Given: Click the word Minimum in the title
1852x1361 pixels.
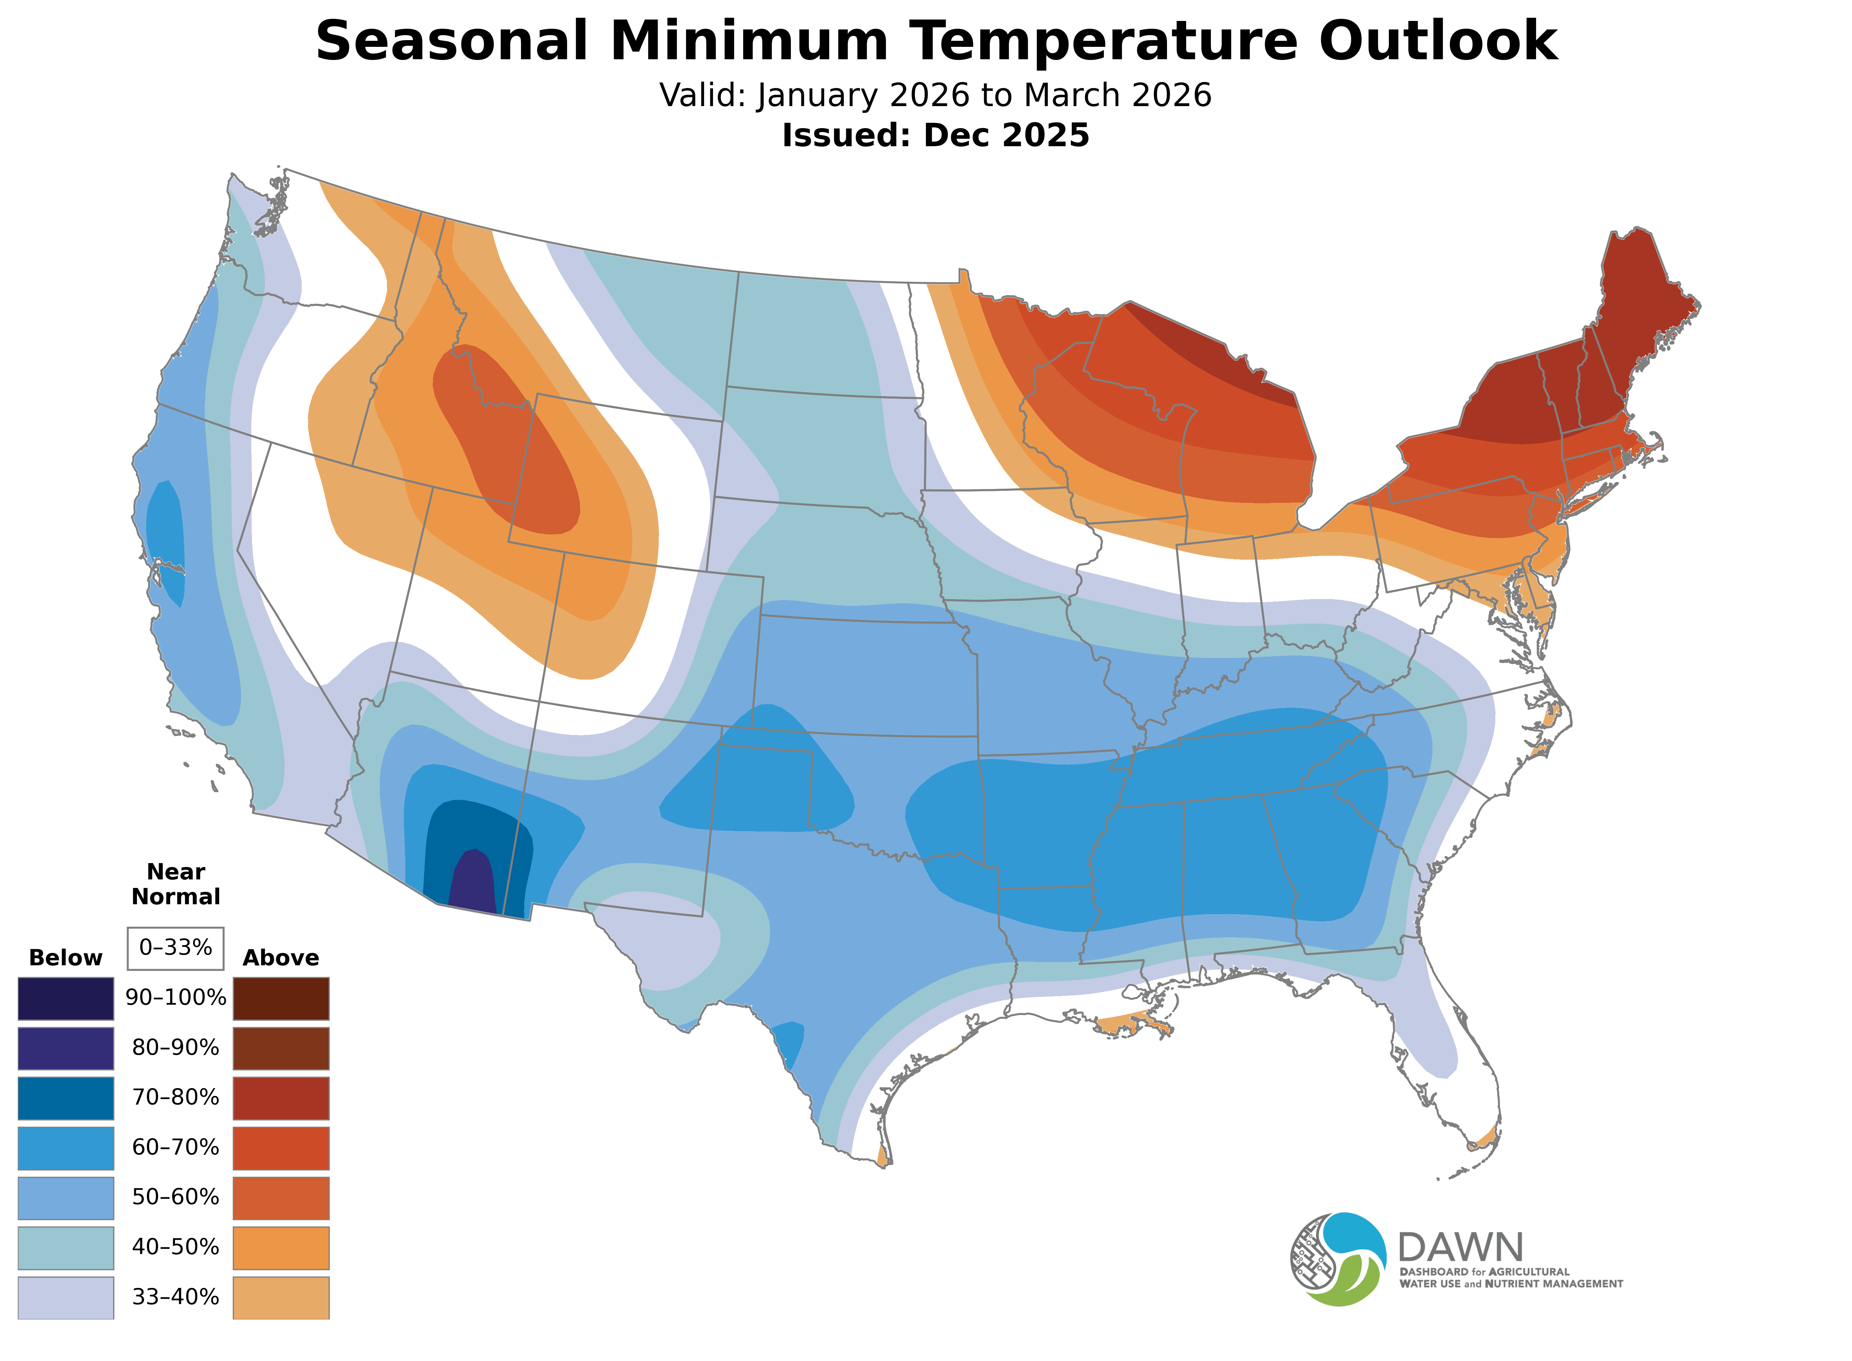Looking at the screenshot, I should click(x=750, y=41).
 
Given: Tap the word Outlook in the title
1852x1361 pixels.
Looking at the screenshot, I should click(x=1437, y=41).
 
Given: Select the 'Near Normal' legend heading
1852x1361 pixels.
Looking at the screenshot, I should click(x=175, y=884).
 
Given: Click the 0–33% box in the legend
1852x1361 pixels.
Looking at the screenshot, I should click(x=175, y=948).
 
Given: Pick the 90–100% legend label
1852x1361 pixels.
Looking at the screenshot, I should click(x=175, y=998).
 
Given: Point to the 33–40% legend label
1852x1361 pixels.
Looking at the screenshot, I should click(x=175, y=1297).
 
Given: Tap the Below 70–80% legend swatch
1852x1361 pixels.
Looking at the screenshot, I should click(x=66, y=1097).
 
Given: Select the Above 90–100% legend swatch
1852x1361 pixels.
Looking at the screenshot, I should click(x=281, y=998).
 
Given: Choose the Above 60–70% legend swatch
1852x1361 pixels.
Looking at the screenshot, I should click(x=281, y=1148).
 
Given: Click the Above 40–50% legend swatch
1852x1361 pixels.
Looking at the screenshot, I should click(x=281, y=1247).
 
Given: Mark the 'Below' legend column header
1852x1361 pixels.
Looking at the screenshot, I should click(x=66, y=957).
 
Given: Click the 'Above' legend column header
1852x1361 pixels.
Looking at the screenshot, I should click(x=281, y=957).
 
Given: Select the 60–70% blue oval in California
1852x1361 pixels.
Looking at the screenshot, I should click(x=166, y=540).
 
